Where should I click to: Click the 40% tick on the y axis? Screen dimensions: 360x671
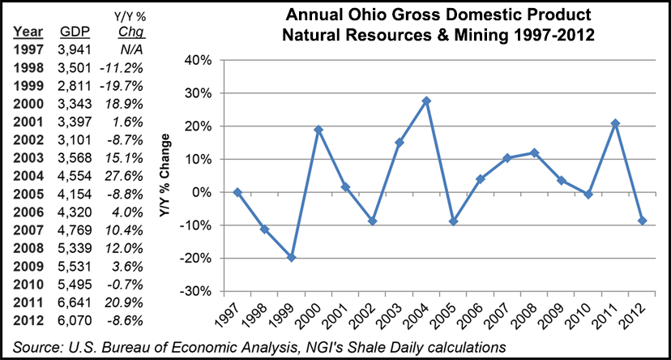tap(199, 60)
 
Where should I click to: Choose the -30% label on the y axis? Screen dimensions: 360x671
tap(197, 292)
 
